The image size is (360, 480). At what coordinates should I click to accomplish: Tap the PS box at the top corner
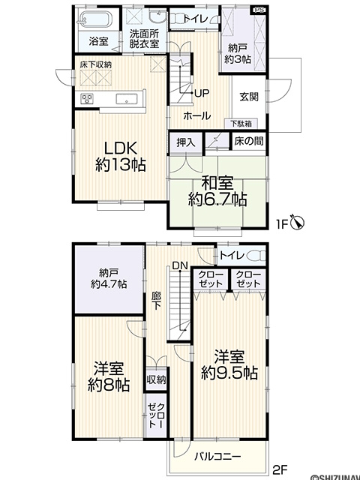[259, 10]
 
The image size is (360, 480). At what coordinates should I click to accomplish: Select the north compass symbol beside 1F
[298, 222]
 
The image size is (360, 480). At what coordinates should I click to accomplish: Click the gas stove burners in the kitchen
[87, 98]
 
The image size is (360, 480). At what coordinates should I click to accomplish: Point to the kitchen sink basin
[127, 98]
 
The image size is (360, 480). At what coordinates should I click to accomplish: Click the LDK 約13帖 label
[120, 157]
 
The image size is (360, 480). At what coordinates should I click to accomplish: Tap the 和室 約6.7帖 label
[217, 191]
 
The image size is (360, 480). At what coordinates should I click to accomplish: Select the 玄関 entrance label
[249, 97]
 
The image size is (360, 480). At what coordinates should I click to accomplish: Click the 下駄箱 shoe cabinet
[241, 123]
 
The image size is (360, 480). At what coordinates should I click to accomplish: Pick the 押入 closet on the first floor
[185, 142]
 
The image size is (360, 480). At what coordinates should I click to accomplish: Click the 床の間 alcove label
[249, 141]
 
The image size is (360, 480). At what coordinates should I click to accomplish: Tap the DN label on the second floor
[180, 265]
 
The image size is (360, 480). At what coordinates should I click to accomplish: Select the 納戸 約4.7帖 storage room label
[109, 278]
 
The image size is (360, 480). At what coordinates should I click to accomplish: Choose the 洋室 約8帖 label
[109, 376]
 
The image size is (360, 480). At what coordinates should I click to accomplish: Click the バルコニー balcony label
[218, 457]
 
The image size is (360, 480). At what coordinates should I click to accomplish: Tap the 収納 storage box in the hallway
[157, 379]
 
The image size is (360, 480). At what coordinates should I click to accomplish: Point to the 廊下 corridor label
[156, 300]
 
